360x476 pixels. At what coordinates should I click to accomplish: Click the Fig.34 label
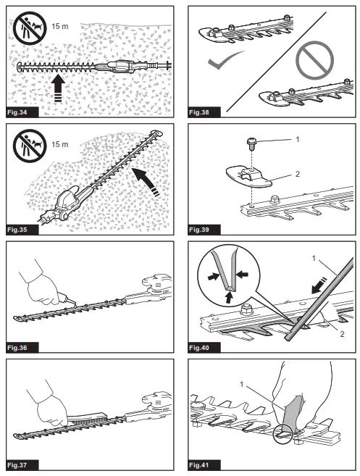(17, 112)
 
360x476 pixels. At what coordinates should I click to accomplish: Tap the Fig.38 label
(199, 112)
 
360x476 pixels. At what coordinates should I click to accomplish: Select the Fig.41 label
(199, 464)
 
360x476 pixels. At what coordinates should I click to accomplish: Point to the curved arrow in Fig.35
(146, 181)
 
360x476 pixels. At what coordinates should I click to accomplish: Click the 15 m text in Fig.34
(60, 26)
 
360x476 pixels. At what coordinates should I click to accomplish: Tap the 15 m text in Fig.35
(60, 144)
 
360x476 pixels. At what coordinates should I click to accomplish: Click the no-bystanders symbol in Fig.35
(30, 146)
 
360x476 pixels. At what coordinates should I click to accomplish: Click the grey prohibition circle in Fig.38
(315, 60)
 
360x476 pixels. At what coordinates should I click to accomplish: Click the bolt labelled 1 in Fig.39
(251, 143)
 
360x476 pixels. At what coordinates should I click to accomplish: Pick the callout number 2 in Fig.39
(298, 174)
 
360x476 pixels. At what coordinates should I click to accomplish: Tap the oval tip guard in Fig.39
(248, 177)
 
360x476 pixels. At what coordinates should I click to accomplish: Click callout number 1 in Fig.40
(314, 259)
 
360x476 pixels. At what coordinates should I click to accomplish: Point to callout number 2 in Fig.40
(342, 334)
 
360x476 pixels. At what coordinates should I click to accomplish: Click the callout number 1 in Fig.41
(242, 385)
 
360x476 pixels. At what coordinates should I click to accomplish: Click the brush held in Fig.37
(86, 419)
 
